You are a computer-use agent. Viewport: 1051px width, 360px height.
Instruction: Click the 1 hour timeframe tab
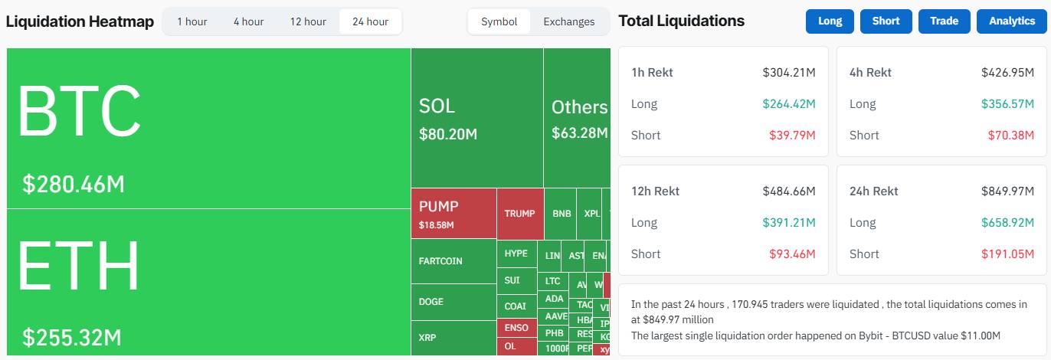coord(192,21)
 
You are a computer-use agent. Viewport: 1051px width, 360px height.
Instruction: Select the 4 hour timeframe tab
coord(248,21)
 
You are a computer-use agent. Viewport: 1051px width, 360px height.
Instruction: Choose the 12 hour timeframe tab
coord(308,21)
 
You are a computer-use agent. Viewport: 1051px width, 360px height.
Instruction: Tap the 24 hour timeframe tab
coord(370,21)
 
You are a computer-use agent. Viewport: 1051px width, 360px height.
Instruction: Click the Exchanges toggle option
coord(568,21)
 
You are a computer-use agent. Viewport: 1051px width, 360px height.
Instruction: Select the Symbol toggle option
coord(499,21)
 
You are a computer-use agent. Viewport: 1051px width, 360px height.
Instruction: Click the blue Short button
coord(886,21)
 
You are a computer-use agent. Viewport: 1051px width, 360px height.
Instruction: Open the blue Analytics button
coord(1011,21)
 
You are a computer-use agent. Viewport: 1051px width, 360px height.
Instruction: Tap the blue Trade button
coord(944,21)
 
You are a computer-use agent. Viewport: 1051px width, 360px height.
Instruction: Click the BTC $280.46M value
coord(74,185)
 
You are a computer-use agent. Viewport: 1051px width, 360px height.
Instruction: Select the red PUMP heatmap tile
coord(453,214)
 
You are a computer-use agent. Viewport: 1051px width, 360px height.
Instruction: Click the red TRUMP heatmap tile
coord(519,214)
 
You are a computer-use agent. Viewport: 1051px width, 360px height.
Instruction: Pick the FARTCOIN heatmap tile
coord(453,261)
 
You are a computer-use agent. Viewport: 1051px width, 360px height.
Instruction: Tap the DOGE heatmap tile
coord(453,302)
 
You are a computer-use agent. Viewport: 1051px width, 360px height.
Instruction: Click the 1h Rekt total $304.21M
coord(788,73)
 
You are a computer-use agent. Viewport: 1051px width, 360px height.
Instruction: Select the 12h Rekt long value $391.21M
coord(788,223)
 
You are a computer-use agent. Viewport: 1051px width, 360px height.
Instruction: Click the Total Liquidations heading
coord(681,21)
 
